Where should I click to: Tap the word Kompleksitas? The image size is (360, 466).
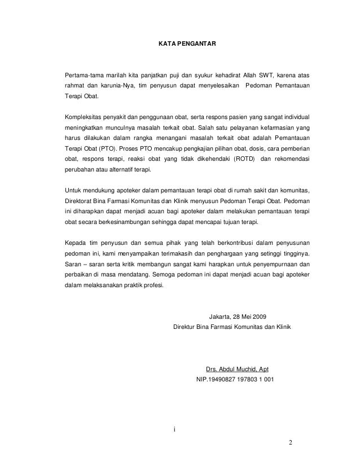[x=85, y=117]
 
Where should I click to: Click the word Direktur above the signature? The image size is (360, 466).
[x=186, y=327]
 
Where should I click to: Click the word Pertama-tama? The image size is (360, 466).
[x=85, y=74]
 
